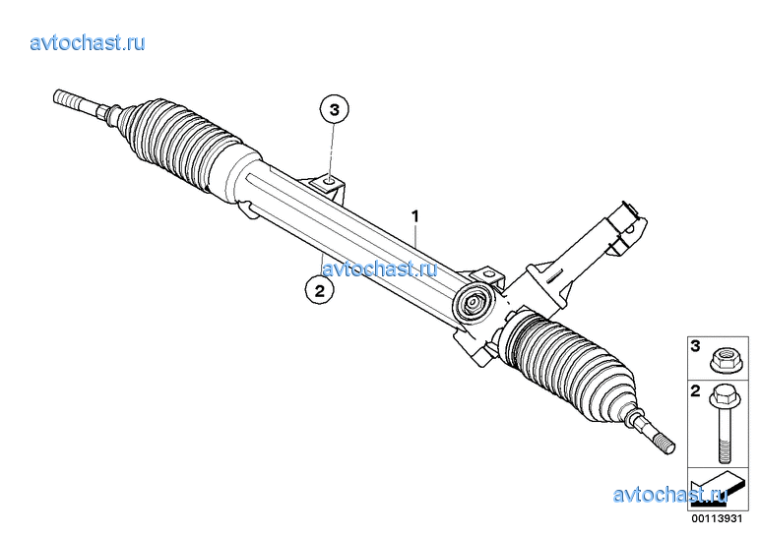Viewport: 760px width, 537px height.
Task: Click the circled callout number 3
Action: (335, 110)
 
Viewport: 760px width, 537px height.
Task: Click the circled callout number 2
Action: (319, 291)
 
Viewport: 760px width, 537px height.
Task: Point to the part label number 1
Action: (414, 216)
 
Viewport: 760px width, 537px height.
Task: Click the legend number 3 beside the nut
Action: (696, 347)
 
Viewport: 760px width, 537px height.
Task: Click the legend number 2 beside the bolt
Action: (696, 391)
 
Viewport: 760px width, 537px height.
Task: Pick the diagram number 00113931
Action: (717, 518)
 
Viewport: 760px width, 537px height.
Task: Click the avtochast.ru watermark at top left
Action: (88, 43)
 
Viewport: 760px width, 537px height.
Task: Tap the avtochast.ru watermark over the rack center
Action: (380, 268)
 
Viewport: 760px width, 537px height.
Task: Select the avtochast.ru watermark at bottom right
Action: (670, 495)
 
